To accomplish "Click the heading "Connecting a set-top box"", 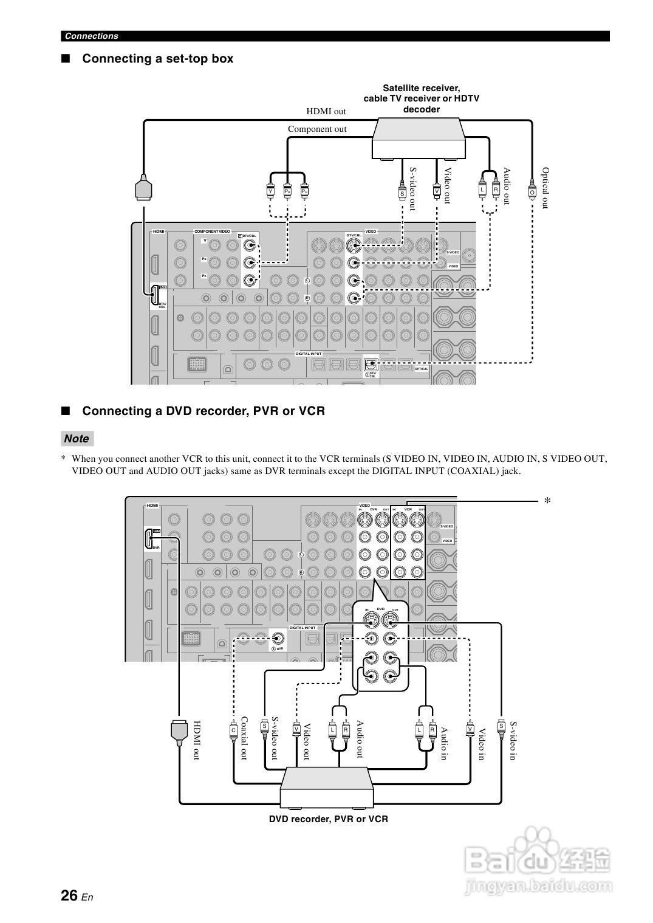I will click(157, 59).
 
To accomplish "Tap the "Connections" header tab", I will click(92, 36).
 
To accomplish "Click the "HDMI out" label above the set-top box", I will click(326, 111).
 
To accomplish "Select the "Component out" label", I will click(317, 129).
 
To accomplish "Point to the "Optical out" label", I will click(545, 188).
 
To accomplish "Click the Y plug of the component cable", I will click(270, 191).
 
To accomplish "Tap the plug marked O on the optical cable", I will click(532, 191).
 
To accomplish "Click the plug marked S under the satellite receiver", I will click(402, 193).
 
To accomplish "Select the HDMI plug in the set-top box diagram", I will click(144, 188).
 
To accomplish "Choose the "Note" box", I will click(77, 439).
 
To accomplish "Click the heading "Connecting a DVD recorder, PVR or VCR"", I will click(203, 411).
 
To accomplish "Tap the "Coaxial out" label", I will click(244, 738).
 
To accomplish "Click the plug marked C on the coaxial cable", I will click(233, 729).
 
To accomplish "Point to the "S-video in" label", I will click(513, 741).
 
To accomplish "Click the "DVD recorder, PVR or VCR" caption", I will click(328, 819).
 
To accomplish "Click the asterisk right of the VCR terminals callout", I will click(547, 501).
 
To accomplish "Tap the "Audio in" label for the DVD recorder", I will click(445, 743).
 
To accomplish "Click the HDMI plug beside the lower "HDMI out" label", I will click(179, 731).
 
